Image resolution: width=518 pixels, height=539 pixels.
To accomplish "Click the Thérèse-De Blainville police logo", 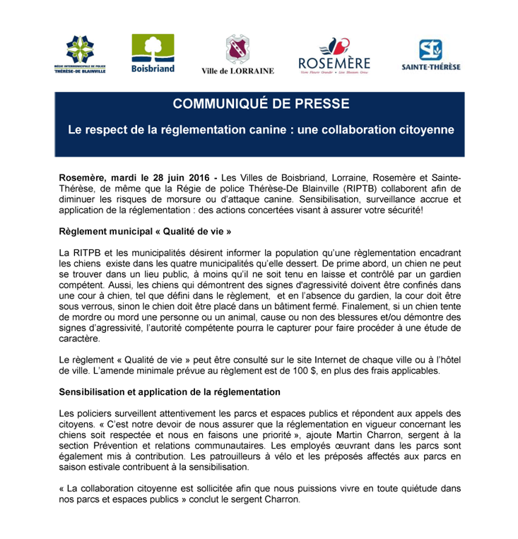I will tap(80, 54).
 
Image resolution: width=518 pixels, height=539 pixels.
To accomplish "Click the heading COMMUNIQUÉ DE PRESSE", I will tap(261, 104).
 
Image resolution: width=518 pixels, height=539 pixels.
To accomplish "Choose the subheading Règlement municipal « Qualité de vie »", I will tap(145, 231).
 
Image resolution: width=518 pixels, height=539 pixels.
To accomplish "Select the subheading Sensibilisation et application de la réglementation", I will tap(170, 392).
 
